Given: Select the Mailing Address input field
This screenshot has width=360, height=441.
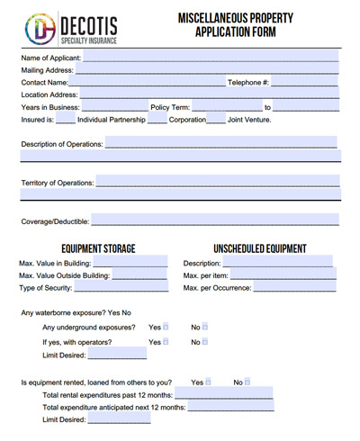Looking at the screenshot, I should coord(207,68).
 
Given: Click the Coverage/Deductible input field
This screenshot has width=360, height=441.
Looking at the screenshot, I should coord(215,220).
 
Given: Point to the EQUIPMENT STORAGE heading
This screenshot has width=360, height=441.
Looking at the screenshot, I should coord(98,248).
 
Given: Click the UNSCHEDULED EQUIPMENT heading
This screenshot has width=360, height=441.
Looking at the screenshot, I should coord(259,248).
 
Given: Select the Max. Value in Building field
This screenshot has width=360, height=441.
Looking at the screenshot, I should coord(127,262).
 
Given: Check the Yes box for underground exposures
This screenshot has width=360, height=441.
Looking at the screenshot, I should coord(166,327).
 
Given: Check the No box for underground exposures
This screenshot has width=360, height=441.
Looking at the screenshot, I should coord(205,327).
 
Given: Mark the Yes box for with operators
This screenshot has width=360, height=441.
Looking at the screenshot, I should coord(166,342).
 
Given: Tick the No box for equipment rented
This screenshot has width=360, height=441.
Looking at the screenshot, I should coord(247,382).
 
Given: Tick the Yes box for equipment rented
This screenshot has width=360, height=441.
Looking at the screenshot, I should coord(208,382).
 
